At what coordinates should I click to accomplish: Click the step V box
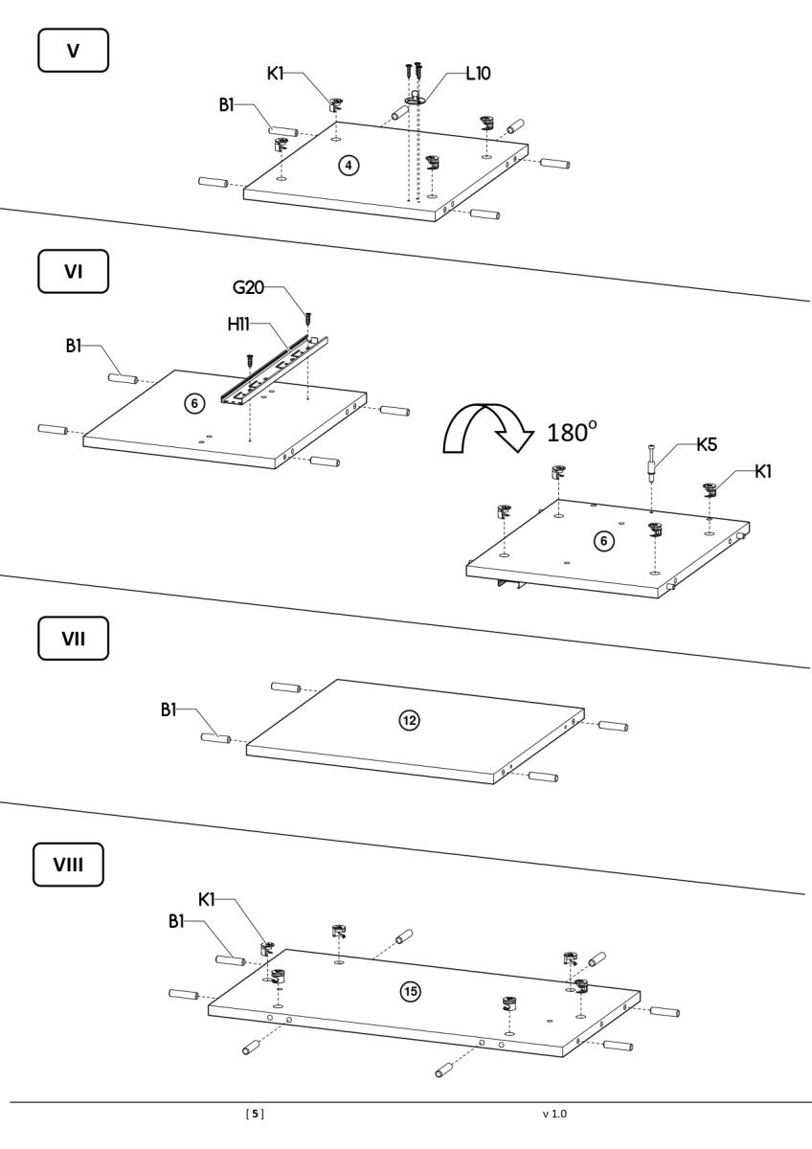73,49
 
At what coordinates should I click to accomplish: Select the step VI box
73,271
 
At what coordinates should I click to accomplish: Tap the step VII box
73,639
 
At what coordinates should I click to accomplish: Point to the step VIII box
68,866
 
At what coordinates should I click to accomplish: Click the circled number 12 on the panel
409,719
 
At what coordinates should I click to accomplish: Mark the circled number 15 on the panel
410,991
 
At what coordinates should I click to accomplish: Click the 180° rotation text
572,431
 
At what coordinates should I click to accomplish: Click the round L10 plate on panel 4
415,98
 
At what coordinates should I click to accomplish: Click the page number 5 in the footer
255,1114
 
